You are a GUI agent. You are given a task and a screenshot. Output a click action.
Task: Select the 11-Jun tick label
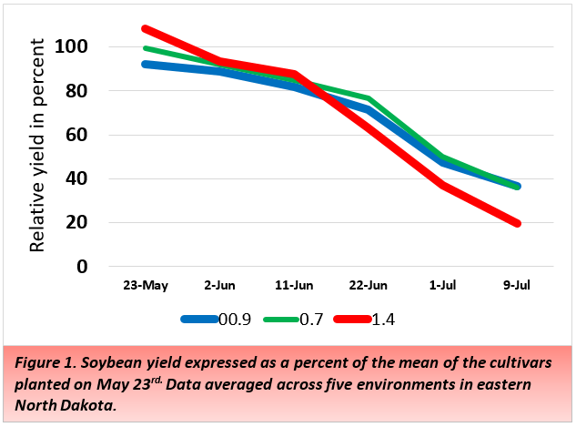pyautogui.click(x=293, y=285)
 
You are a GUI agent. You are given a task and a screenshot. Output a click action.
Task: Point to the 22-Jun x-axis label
pyautogui.click(x=369, y=285)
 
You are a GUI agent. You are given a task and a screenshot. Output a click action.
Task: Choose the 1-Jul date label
pyautogui.click(x=443, y=285)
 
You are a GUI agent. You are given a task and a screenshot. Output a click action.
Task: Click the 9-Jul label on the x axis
pyautogui.click(x=518, y=285)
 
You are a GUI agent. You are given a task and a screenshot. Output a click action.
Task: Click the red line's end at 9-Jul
pyautogui.click(x=518, y=223)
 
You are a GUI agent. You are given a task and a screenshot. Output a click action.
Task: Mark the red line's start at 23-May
pyautogui.click(x=145, y=29)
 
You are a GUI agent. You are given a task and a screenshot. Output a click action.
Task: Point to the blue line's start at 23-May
pyautogui.click(x=145, y=64)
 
